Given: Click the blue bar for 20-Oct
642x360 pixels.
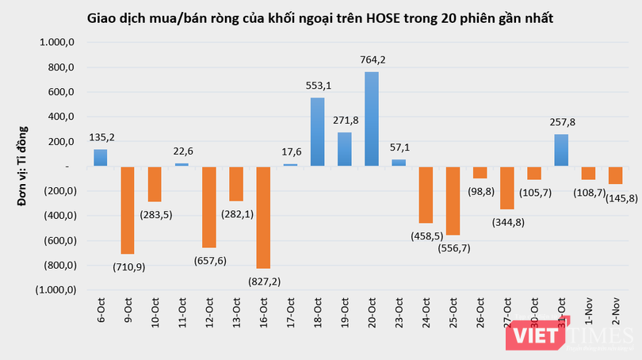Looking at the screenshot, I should tap(371, 119).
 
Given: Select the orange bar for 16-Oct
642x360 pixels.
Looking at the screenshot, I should tap(262, 217).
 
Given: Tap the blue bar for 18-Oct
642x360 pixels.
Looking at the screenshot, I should tap(317, 132).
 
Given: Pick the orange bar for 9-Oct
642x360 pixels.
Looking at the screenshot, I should tap(127, 210).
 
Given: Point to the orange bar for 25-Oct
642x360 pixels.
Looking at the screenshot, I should tap(453, 201).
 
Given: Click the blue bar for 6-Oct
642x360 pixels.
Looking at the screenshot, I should tap(100, 158).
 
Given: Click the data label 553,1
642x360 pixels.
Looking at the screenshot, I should tap(317, 84).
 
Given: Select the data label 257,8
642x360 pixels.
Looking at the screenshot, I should tap(561, 121).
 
